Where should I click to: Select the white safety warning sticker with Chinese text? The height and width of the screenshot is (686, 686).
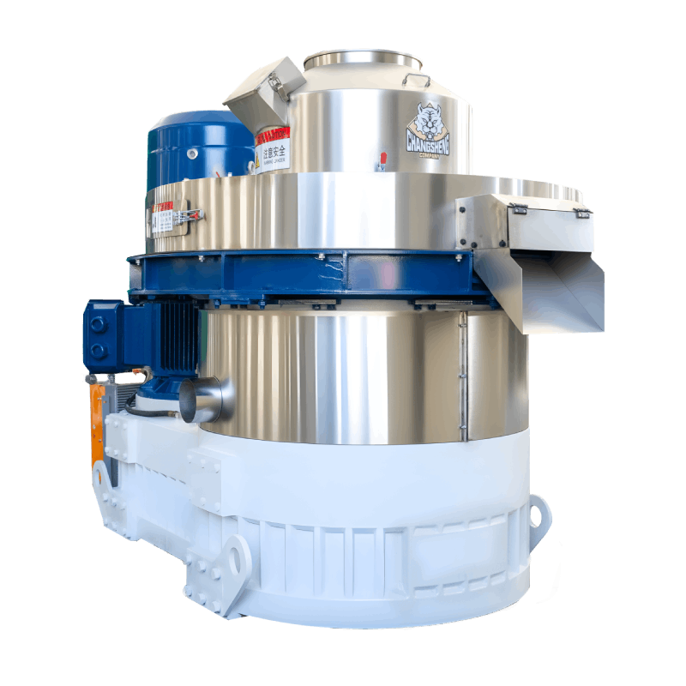point(272,154)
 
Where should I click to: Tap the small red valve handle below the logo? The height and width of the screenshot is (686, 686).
point(380,160)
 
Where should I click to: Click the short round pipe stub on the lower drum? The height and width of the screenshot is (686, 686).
point(206,400)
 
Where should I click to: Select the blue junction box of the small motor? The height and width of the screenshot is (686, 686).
point(102,337)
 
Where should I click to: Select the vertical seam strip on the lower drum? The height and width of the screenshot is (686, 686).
point(463,377)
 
